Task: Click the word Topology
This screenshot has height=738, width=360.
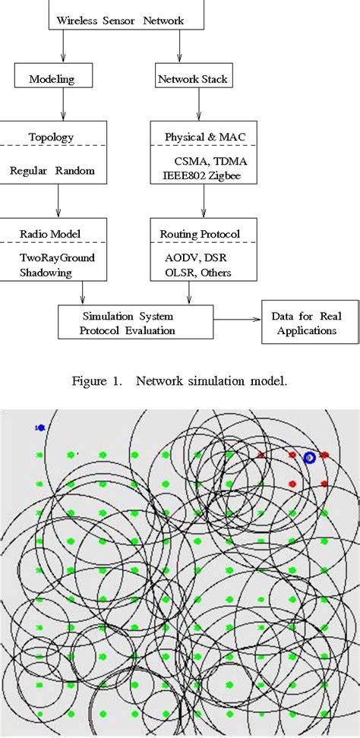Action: point(52,138)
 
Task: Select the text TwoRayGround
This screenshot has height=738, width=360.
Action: point(57,257)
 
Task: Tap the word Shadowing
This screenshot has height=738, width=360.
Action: point(47,273)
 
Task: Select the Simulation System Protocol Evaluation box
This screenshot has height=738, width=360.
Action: point(128,323)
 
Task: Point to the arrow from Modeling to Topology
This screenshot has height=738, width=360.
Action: point(62,106)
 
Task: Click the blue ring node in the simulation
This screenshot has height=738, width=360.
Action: point(309,457)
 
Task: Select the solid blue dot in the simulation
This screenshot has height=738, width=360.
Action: point(40,428)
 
